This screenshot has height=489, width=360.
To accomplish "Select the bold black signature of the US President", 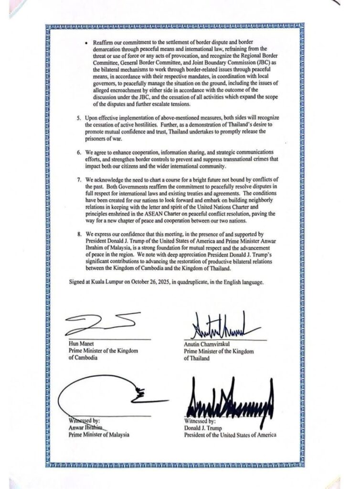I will pyautogui.click(x=229, y=399).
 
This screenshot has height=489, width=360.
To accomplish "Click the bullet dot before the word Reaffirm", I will pyautogui.click(x=86, y=43).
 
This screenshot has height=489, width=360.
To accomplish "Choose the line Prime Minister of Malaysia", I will pyautogui.click(x=99, y=435).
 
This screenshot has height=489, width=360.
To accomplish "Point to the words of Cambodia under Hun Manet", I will pyautogui.click(x=84, y=358).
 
